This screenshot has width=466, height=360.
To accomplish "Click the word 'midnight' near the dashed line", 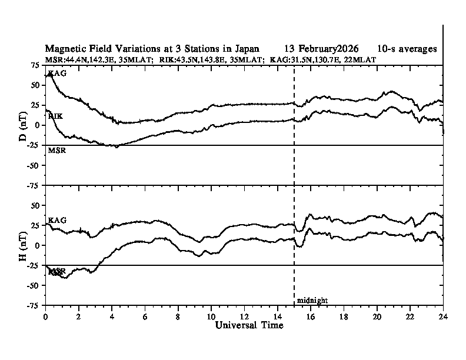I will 312,301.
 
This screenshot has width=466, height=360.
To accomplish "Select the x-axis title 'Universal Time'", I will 249,325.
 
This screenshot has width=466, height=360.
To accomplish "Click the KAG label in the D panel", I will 57,74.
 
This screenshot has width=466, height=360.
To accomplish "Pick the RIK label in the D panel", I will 55,116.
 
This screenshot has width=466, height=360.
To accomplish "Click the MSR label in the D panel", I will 56,151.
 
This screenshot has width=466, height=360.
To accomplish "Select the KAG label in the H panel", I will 57,220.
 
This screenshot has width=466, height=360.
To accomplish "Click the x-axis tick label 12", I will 244,315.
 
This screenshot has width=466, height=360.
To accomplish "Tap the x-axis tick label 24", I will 442,315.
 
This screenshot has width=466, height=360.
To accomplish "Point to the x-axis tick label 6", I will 145,315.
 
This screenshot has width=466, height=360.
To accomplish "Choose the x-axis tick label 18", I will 344,315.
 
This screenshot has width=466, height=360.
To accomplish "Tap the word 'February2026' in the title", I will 327,48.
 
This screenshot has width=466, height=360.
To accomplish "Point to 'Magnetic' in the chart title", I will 65,48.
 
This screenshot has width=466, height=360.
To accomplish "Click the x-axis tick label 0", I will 45,315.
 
